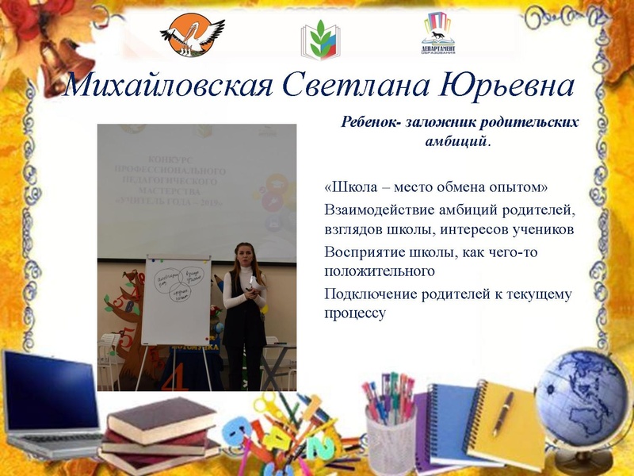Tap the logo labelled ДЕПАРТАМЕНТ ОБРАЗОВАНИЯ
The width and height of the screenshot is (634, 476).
click(437, 36)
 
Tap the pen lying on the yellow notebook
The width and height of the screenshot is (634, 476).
click(503, 413)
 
